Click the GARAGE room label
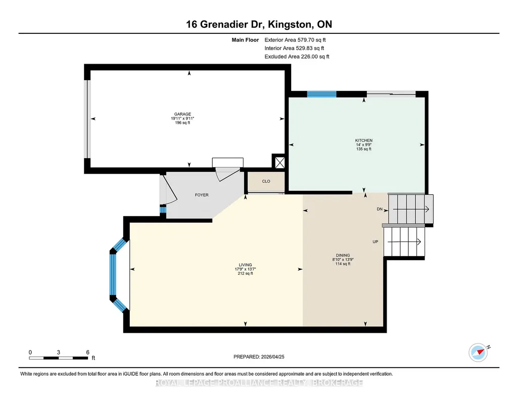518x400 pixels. (x=182, y=114)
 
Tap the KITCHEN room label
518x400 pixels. (x=364, y=140)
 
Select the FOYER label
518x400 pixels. (x=202, y=195)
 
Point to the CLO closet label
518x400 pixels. (x=266, y=181)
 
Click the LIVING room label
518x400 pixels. (x=246, y=265)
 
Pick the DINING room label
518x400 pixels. (x=343, y=255)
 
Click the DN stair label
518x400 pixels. (x=380, y=209)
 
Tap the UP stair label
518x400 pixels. (x=375, y=241)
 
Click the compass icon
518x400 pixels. (x=478, y=353)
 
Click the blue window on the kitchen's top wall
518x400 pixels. (x=322, y=94)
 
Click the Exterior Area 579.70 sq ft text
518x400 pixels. (x=295, y=40)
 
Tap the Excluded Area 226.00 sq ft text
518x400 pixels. (x=297, y=57)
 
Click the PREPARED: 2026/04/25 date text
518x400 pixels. (x=259, y=357)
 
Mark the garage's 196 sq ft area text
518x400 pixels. (x=182, y=123)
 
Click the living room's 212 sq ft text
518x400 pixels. (x=246, y=273)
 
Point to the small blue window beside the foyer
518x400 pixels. (x=163, y=210)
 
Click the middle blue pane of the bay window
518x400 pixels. (x=113, y=275)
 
